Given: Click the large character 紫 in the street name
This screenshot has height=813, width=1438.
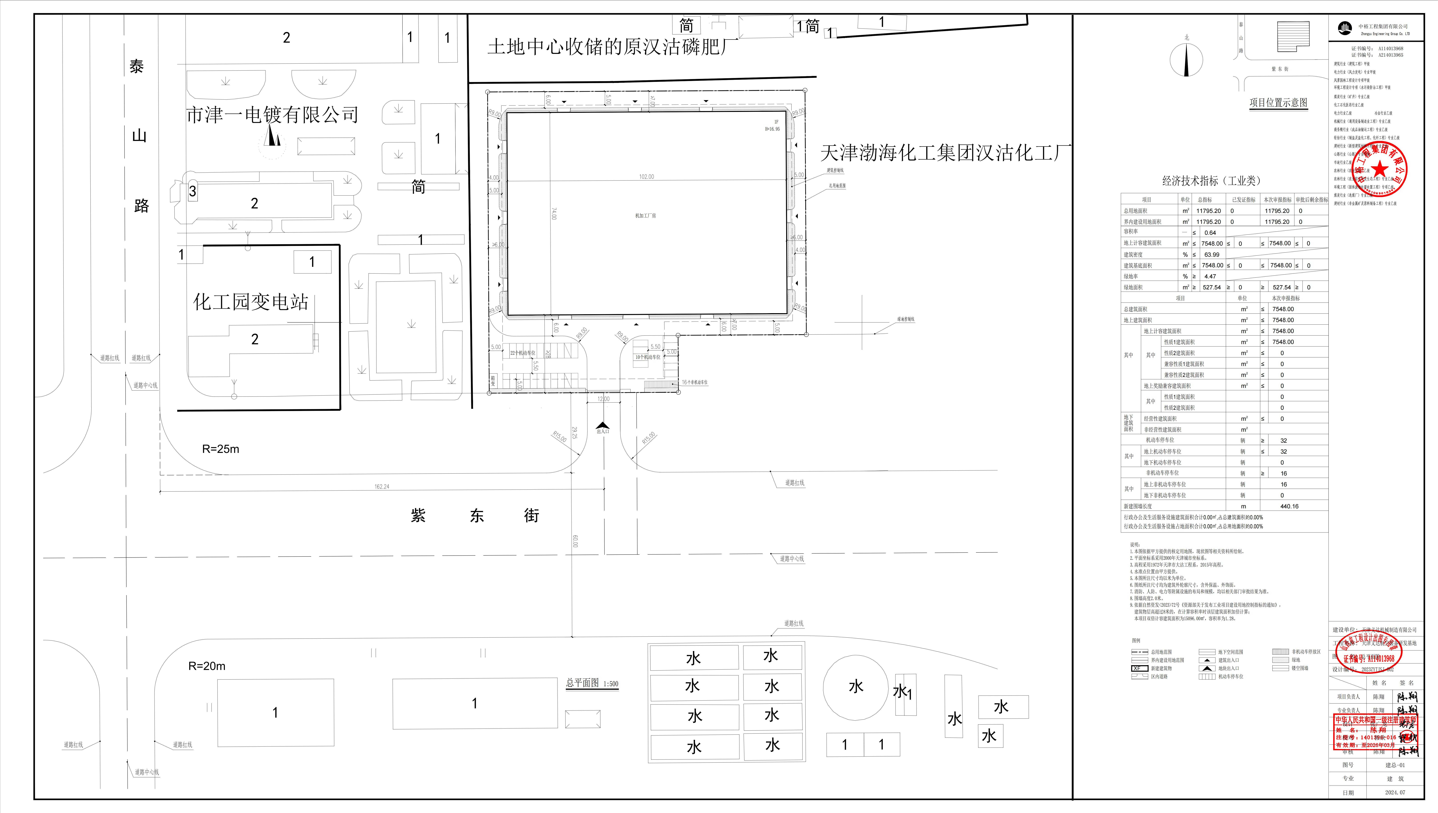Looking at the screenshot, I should [418, 515].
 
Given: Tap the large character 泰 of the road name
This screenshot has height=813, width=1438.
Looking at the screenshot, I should [137, 66].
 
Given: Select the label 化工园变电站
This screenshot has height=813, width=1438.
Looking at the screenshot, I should [251, 302].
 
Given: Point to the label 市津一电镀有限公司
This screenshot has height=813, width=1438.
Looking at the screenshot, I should [272, 115].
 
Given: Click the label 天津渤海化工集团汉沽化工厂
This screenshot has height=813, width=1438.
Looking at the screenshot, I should [945, 152].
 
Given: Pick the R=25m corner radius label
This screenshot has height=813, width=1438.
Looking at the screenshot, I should [221, 449].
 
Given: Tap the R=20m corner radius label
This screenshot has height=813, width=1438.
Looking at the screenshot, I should [207, 666].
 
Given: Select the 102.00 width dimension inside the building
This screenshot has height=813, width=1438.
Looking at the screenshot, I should [646, 176].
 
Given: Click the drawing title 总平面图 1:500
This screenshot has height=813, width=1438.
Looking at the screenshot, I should [592, 683].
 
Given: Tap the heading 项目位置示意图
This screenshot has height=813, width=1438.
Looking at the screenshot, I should [1278, 103].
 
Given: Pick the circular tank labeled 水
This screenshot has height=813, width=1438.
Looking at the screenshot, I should [856, 687].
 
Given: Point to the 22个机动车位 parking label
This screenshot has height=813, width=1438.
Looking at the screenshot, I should [523, 353].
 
